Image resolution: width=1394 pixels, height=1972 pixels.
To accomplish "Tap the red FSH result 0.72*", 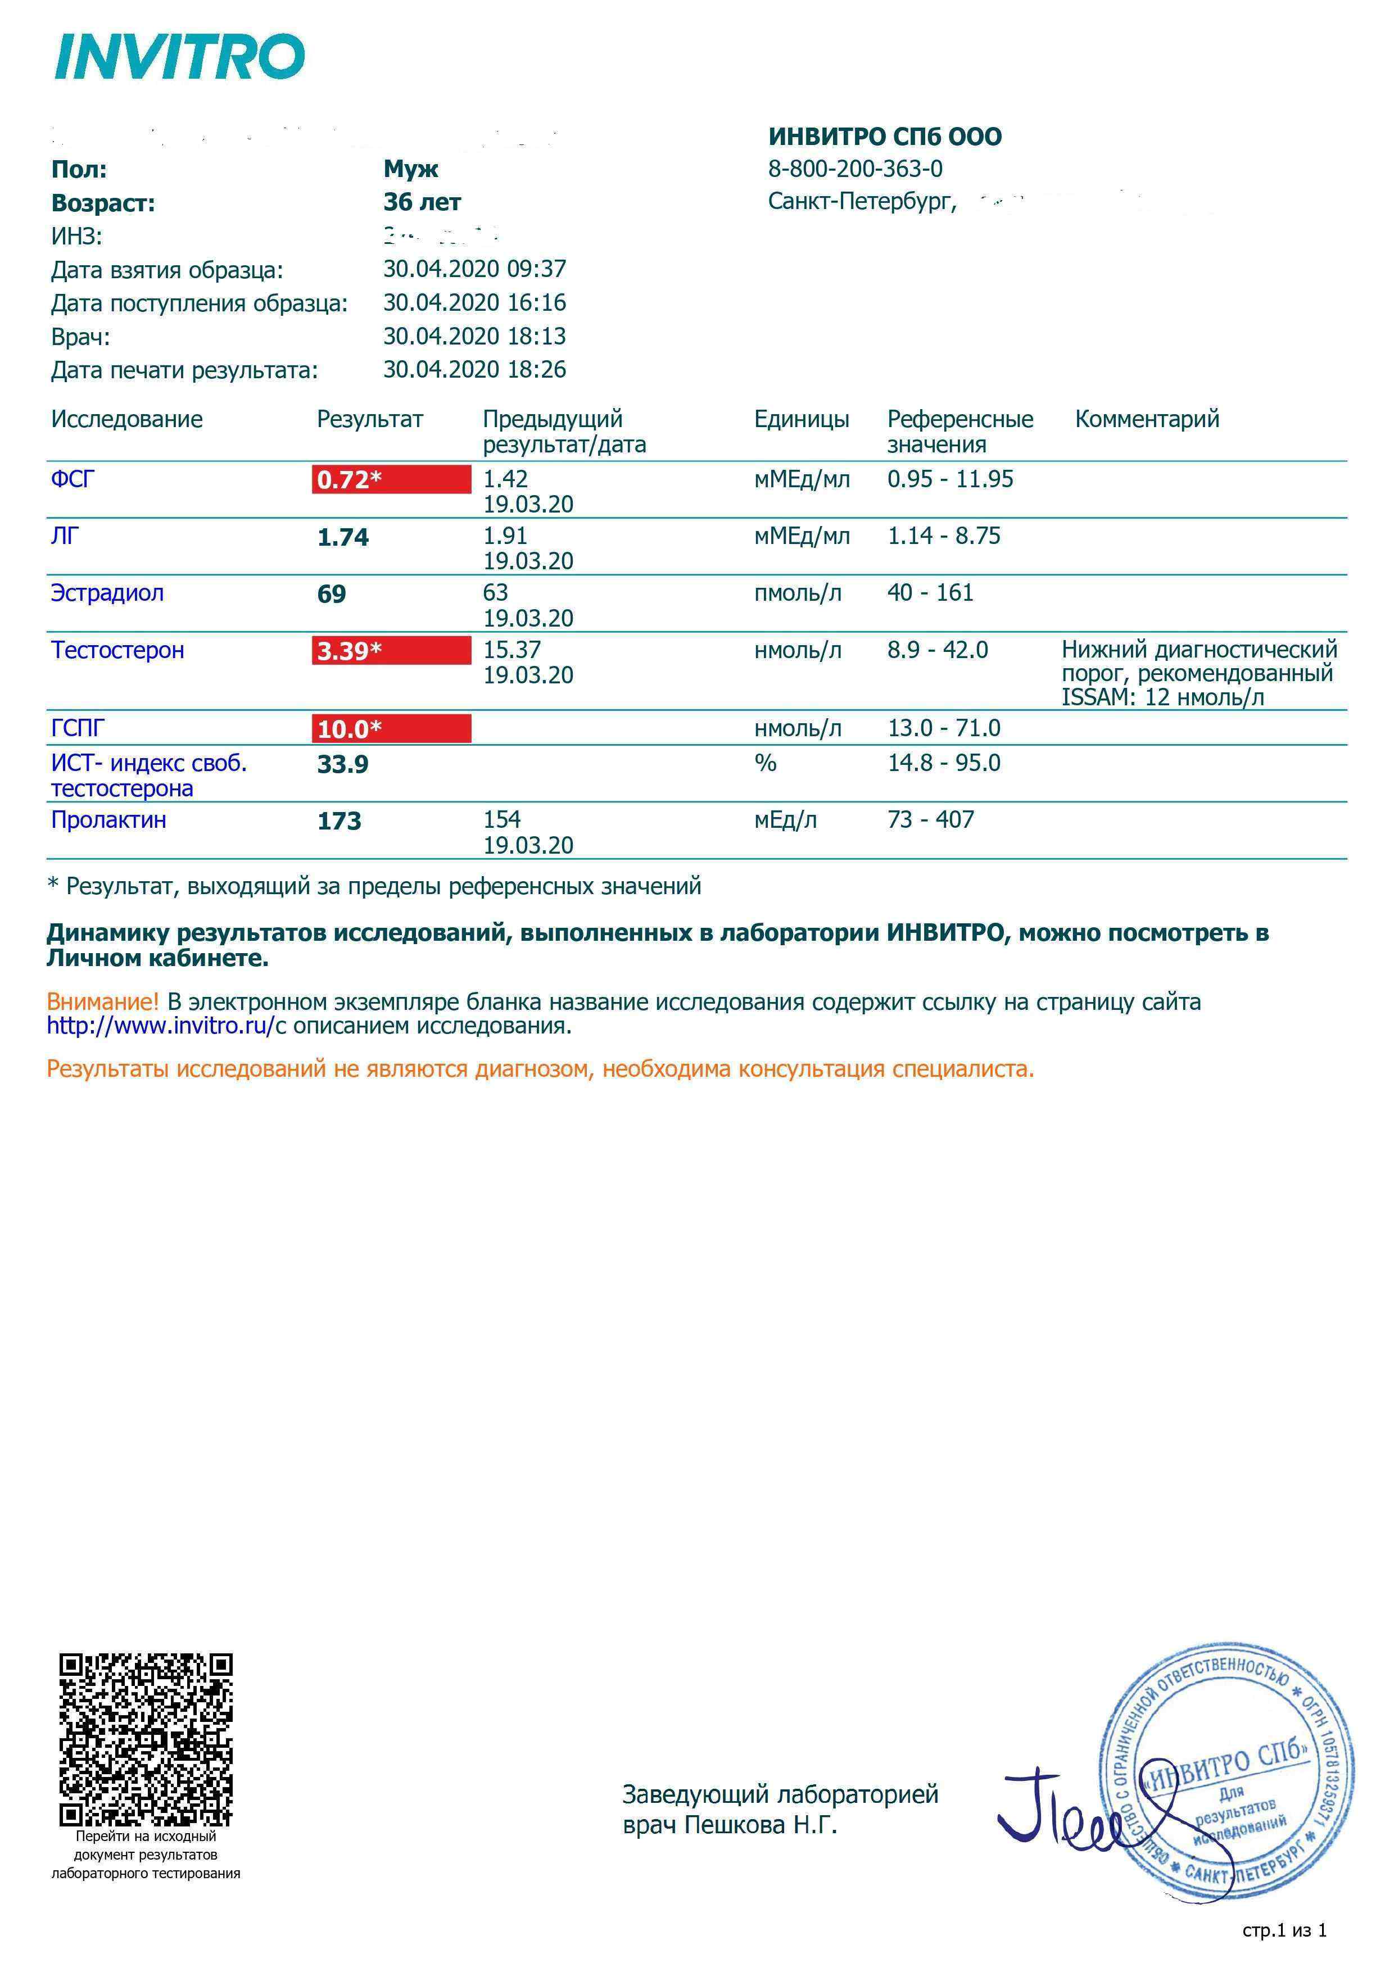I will pyautogui.click(x=391, y=479).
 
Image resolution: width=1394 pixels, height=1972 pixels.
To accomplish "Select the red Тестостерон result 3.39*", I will pyautogui.click(x=391, y=651).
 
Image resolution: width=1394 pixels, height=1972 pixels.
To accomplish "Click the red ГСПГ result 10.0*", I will pyautogui.click(x=391, y=729).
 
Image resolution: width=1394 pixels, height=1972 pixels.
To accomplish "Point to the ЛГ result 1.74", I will pyautogui.click(x=343, y=538).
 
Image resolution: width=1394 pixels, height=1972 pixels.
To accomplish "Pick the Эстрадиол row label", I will pyautogui.click(x=107, y=593).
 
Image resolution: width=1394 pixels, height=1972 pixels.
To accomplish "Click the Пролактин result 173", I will pyautogui.click(x=340, y=821).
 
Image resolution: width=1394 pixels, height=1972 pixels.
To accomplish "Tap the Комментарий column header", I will pyautogui.click(x=1147, y=419).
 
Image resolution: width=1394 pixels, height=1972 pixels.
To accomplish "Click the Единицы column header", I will pyautogui.click(x=802, y=419).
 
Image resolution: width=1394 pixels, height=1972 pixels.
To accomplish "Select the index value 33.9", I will pyautogui.click(x=343, y=764).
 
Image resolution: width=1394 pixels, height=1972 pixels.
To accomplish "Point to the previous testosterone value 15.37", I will pyautogui.click(x=512, y=650).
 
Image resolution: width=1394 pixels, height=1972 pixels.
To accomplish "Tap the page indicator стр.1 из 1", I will pyautogui.click(x=1284, y=1930).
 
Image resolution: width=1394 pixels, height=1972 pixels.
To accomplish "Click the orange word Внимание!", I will pyautogui.click(x=103, y=1001).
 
